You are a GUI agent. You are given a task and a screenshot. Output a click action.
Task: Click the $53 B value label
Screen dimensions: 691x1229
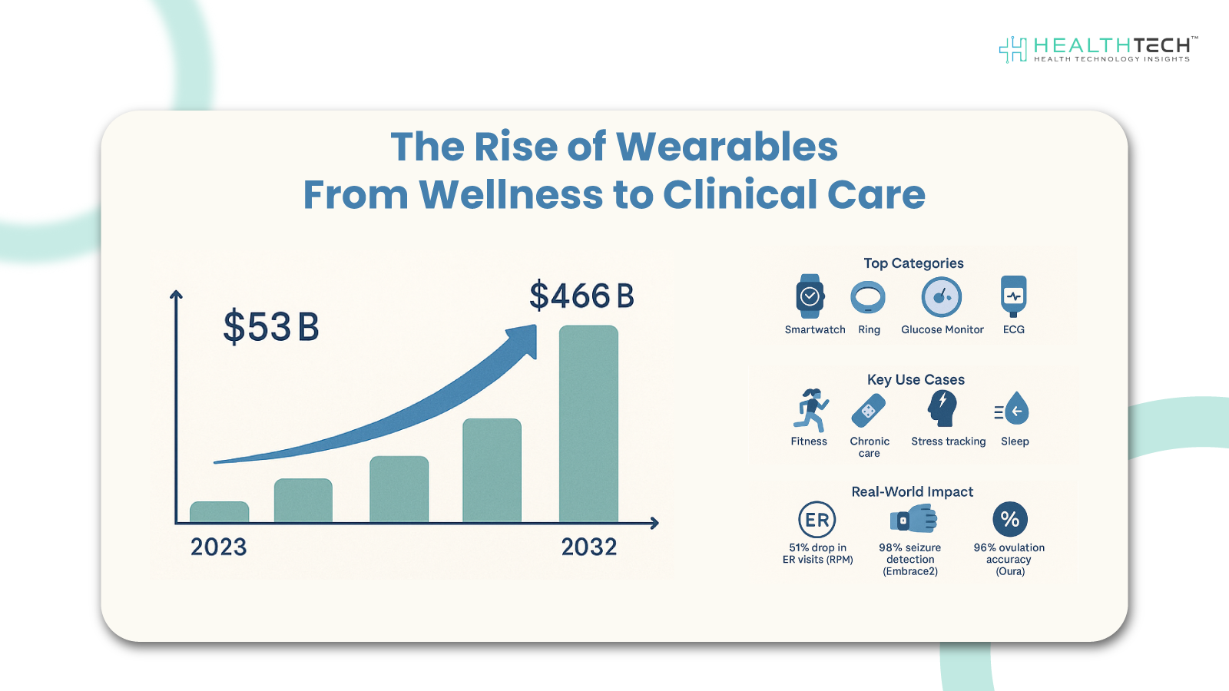[270, 327]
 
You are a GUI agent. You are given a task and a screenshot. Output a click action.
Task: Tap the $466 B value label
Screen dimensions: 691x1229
[581, 296]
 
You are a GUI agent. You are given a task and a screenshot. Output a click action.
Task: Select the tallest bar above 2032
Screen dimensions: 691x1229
[588, 424]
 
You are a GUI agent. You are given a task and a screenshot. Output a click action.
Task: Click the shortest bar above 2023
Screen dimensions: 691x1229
[220, 512]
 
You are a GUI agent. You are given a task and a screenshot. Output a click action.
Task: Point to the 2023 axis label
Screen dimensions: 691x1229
[219, 547]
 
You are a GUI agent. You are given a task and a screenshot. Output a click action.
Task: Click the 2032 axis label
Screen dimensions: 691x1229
[589, 547]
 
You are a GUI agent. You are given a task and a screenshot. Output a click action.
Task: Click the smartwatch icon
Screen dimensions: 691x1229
[810, 296]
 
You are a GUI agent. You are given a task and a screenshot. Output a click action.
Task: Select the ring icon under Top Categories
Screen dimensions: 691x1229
[868, 297]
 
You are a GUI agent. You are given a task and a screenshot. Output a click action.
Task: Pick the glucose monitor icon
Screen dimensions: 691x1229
[942, 297]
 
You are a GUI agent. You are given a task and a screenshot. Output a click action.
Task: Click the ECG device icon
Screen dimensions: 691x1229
[1013, 296]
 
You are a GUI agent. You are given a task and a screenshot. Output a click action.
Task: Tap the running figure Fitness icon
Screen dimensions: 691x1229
[810, 410]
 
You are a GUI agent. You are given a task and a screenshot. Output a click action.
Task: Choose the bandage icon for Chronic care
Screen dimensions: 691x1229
[869, 411]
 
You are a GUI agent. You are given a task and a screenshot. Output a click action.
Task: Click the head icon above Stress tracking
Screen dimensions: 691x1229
[942, 408]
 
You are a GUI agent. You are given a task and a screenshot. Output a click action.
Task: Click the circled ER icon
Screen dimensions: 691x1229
[817, 520]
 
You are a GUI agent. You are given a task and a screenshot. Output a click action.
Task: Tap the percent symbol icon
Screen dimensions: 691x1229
[1010, 520]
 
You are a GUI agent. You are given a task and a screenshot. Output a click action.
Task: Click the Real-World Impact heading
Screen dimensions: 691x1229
[912, 492]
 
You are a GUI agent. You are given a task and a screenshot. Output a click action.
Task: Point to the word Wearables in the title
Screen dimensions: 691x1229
[727, 147]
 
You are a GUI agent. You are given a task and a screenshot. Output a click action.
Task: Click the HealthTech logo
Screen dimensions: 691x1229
[1098, 49]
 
